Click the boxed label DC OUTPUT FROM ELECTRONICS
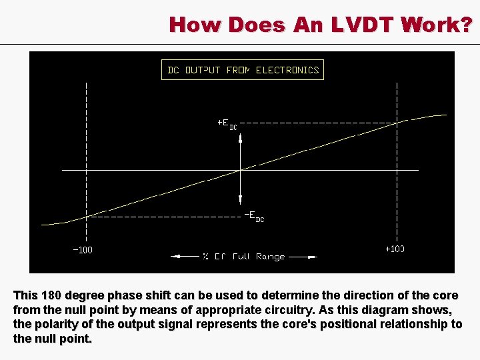tap(243, 70)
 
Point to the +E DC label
tap(227, 124)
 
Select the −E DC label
tap(253, 216)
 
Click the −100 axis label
tap(83, 251)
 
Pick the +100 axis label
tap(395, 249)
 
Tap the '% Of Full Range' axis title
tap(243, 256)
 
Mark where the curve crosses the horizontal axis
tap(240, 170)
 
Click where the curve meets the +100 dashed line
tap(397, 123)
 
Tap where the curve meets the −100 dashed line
tap(87, 216)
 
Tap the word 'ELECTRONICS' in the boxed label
tap(287, 70)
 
